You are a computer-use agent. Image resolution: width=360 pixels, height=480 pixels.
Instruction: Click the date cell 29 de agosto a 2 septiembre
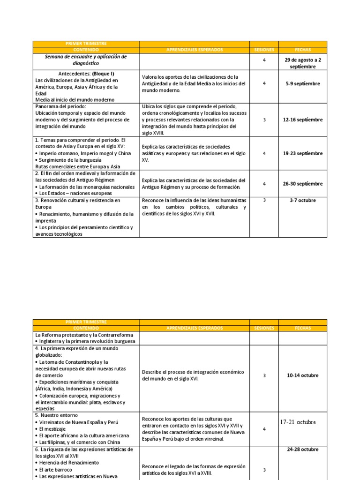pyautogui.click(x=303, y=63)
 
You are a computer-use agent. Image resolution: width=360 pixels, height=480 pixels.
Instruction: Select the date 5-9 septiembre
pyautogui.click(x=303, y=83)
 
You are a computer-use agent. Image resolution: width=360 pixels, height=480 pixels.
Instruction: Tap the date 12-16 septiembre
pyautogui.click(x=303, y=120)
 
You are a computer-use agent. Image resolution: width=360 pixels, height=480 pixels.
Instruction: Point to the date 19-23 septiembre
pyautogui.click(x=303, y=153)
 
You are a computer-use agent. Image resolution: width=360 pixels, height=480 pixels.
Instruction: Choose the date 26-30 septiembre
pyautogui.click(x=303, y=184)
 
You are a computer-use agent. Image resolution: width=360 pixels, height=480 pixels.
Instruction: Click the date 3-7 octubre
pyautogui.click(x=303, y=201)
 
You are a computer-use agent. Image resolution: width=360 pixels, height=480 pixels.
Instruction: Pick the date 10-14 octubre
pyautogui.click(x=303, y=375)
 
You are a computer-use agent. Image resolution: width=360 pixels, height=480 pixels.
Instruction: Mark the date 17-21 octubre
pyautogui.click(x=298, y=422)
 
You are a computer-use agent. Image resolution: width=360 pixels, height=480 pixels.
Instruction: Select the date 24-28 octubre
pyautogui.click(x=303, y=450)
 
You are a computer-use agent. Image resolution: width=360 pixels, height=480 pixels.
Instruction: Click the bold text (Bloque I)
pyautogui.click(x=103, y=74)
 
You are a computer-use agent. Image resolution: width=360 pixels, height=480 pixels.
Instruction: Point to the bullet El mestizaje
pyautogui.click(x=53, y=429)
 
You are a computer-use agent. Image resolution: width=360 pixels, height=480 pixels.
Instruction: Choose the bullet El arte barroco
pyautogui.click(x=56, y=469)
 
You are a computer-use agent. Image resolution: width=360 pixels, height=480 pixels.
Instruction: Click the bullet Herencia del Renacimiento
pyautogui.click(x=69, y=463)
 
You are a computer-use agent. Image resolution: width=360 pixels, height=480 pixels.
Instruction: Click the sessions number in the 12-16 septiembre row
pyautogui.click(x=264, y=120)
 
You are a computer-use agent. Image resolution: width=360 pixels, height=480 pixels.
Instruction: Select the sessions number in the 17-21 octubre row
pyautogui.click(x=264, y=429)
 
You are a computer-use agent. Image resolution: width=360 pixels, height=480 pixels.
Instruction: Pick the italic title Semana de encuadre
pyautogui.click(x=86, y=60)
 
